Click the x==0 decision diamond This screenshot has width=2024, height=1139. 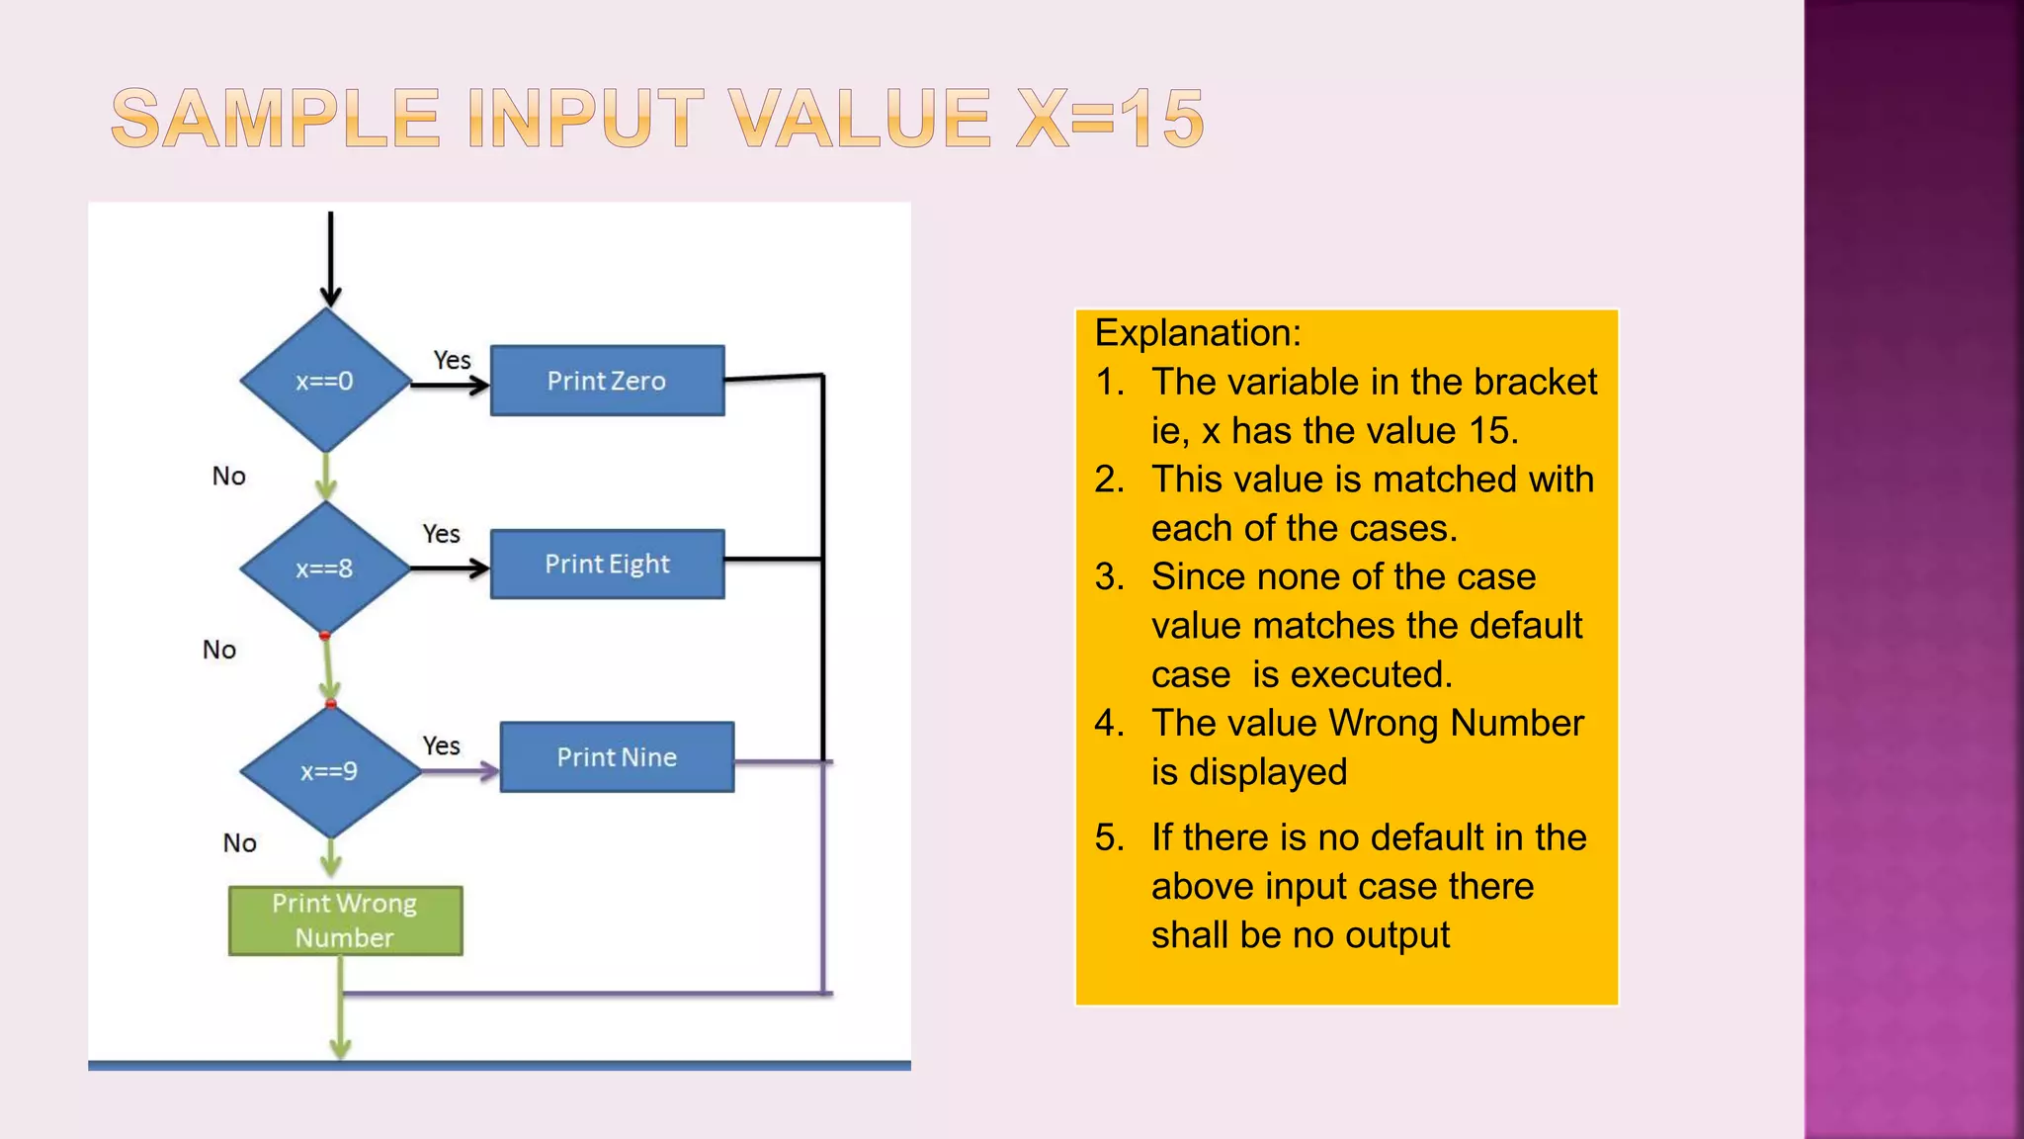[x=325, y=381]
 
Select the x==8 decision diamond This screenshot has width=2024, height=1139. [x=325, y=569]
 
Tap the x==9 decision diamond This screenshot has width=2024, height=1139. [x=329, y=771]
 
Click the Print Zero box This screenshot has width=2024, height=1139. [x=607, y=381]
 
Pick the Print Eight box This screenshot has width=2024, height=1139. [x=607, y=565]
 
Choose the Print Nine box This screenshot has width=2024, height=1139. [x=617, y=757]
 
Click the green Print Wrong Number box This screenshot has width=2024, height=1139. [x=345, y=920]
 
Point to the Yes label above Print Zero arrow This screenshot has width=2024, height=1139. [x=452, y=360]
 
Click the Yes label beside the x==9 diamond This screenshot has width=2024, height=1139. [x=441, y=745]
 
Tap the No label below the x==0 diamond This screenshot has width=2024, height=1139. [x=228, y=477]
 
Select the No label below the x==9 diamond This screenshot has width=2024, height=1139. [x=239, y=843]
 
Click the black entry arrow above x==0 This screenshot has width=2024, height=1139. [x=331, y=257]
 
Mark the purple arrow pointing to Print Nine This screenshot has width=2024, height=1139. [x=461, y=771]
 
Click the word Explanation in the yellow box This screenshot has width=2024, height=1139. [x=1197, y=333]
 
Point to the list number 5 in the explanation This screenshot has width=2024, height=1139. [x=1109, y=838]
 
